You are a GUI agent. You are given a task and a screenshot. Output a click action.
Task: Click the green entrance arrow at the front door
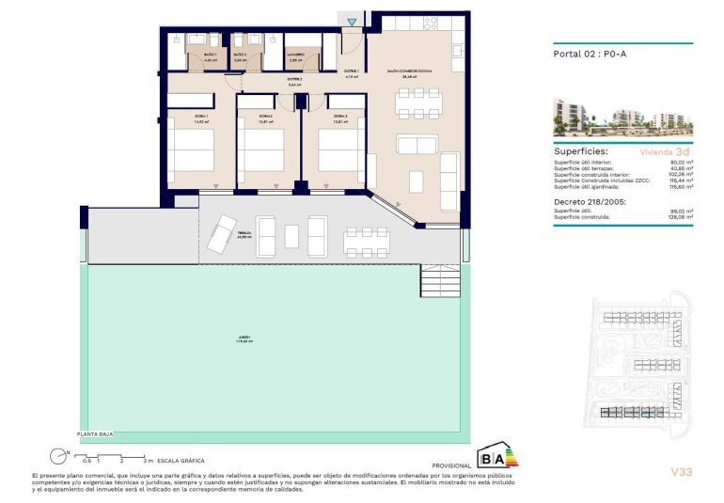click(x=351, y=22)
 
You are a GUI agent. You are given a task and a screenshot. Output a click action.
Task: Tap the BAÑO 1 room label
click(x=184, y=55)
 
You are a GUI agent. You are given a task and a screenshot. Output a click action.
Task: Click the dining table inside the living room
click(x=416, y=102)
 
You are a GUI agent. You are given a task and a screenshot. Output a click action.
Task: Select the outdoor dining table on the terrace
click(x=362, y=240)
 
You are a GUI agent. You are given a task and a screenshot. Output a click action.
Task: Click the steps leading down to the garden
click(x=439, y=279)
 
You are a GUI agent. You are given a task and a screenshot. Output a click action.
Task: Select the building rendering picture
click(x=622, y=117)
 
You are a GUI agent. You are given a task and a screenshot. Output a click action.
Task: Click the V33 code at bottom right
click(x=683, y=471)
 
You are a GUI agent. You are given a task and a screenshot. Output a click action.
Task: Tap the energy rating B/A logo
click(x=497, y=458)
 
